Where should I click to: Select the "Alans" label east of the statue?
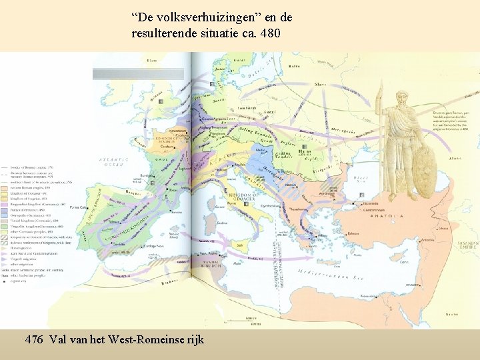[x=455, y=158]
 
